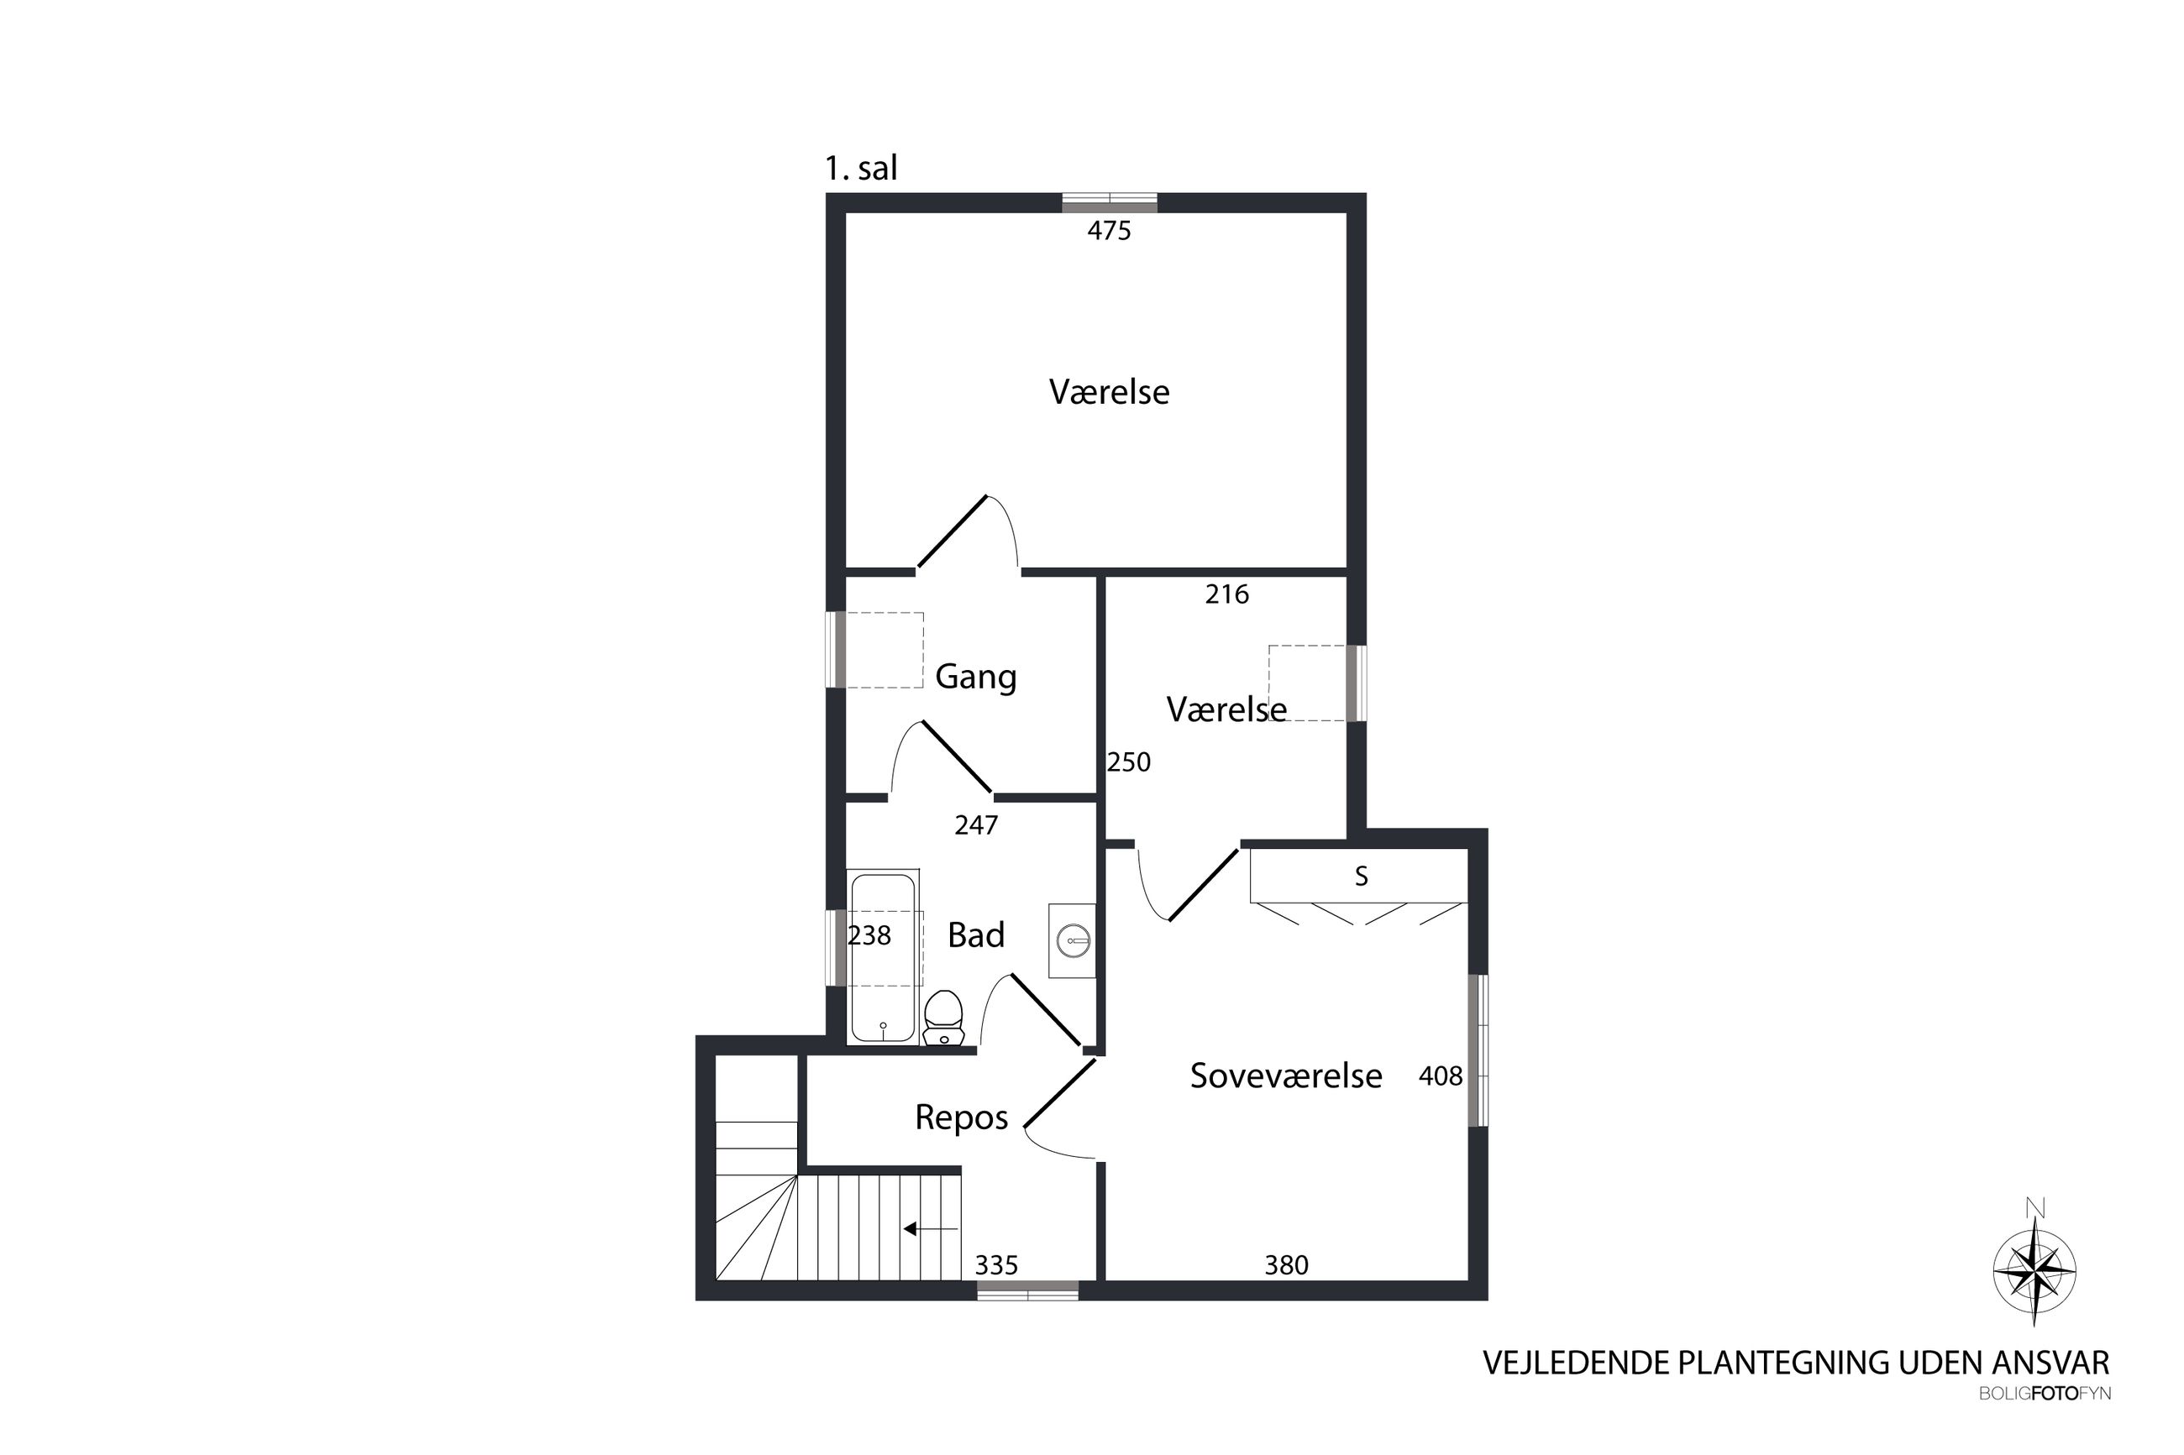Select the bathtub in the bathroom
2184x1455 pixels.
tap(883, 955)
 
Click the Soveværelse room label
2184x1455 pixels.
tap(1285, 1076)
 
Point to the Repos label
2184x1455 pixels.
tap(962, 1117)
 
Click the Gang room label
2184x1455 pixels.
tap(975, 677)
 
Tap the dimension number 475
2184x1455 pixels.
tap(1109, 230)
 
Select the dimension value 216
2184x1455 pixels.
tap(1227, 594)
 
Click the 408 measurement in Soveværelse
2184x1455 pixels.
tap(1441, 1076)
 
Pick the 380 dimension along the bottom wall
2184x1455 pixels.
tap(1286, 1264)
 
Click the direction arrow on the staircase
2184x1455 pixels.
tap(931, 1229)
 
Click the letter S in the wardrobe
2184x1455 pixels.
tap(1362, 876)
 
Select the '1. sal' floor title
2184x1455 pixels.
tap(861, 168)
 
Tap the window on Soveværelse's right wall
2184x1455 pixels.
tap(1478, 1049)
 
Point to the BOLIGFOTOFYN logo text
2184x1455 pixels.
tap(2045, 1394)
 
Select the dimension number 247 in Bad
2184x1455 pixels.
tap(976, 825)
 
